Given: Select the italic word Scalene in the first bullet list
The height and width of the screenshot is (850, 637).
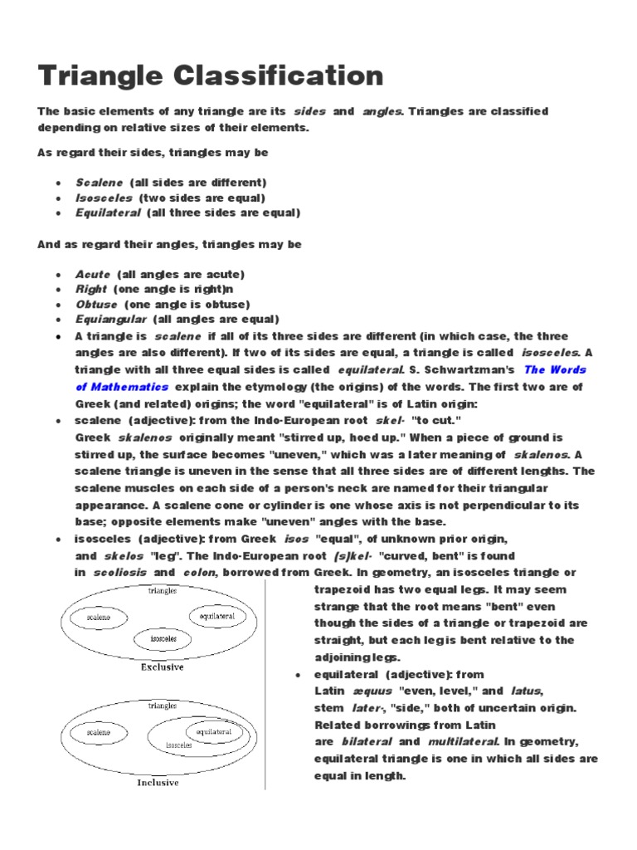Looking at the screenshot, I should [x=99, y=182].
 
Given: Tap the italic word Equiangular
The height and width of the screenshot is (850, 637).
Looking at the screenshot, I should [x=110, y=320].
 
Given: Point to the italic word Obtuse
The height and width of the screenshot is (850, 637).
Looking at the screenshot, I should [x=95, y=305].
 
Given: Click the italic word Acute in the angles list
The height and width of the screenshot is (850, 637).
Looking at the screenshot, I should [x=92, y=274].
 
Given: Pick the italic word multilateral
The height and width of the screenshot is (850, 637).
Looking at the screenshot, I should [x=463, y=742].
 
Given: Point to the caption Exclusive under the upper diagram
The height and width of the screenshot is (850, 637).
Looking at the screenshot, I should [x=162, y=667].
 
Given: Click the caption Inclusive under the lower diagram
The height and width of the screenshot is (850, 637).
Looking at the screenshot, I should [x=158, y=783].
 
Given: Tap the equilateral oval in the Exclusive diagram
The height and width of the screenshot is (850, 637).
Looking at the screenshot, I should [x=217, y=616].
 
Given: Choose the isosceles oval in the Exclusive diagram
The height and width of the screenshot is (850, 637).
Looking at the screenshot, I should [x=163, y=639].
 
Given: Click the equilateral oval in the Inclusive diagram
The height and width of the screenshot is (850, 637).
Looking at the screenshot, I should [x=213, y=732].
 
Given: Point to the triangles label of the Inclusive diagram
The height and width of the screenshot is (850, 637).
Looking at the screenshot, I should [x=162, y=706].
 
